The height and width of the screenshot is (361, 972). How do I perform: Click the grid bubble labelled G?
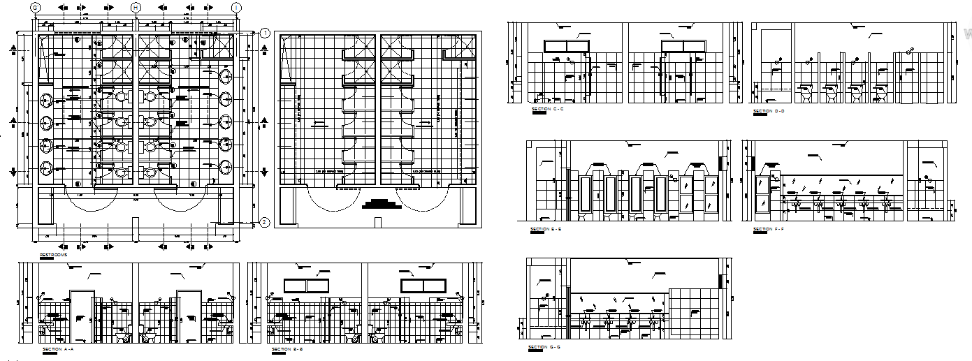[x=35, y=7]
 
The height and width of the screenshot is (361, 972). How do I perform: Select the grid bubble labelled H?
[x=136, y=7]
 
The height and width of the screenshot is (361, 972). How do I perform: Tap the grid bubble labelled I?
[x=237, y=7]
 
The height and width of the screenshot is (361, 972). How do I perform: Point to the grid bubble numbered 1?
[x=265, y=33]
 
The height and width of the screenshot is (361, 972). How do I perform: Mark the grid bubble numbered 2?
[x=265, y=223]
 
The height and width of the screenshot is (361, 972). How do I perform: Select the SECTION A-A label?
[x=58, y=348]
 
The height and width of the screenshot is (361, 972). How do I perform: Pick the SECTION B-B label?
[x=286, y=348]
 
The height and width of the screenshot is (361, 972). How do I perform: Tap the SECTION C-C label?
[x=548, y=110]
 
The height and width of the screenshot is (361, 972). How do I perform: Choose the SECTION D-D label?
[x=769, y=110]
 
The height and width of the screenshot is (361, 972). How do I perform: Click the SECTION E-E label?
[x=547, y=229]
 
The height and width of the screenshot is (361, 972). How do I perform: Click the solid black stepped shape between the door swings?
[x=381, y=204]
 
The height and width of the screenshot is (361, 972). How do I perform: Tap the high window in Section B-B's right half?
[x=422, y=286]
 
